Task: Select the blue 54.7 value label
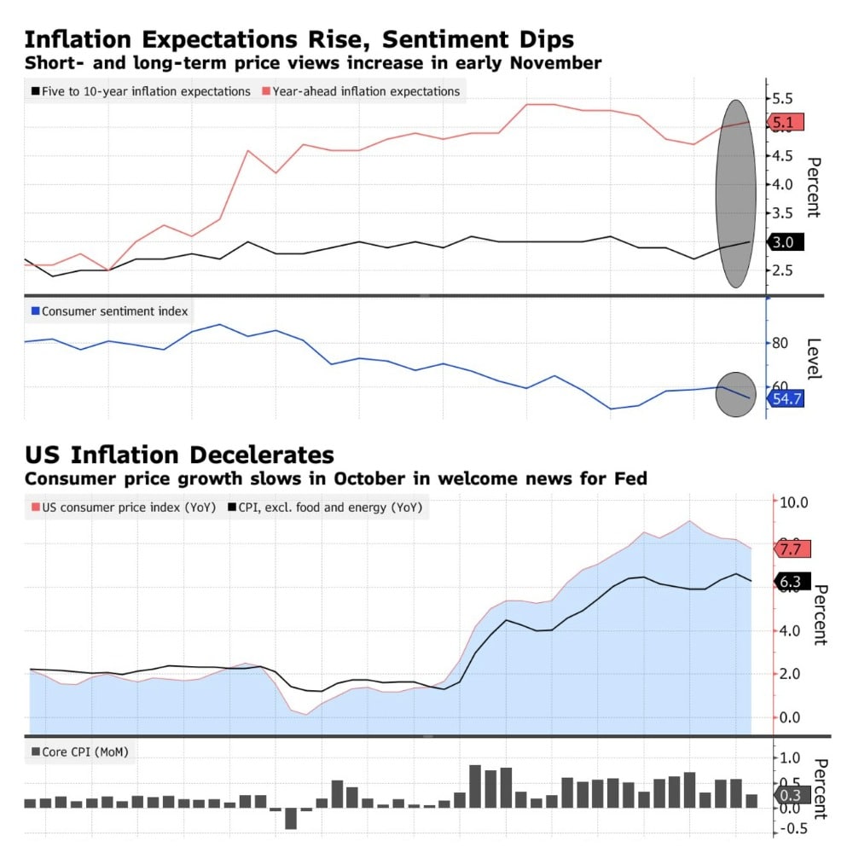(786, 398)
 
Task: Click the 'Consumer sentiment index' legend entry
(114, 311)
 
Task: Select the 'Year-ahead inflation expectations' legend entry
(367, 91)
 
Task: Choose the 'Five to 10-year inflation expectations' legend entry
(146, 91)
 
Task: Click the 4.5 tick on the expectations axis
(782, 155)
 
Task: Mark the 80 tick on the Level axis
(779, 344)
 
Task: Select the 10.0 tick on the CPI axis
(792, 502)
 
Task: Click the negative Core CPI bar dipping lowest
(291, 817)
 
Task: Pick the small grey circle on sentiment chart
(735, 395)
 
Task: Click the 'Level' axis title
(814, 358)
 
